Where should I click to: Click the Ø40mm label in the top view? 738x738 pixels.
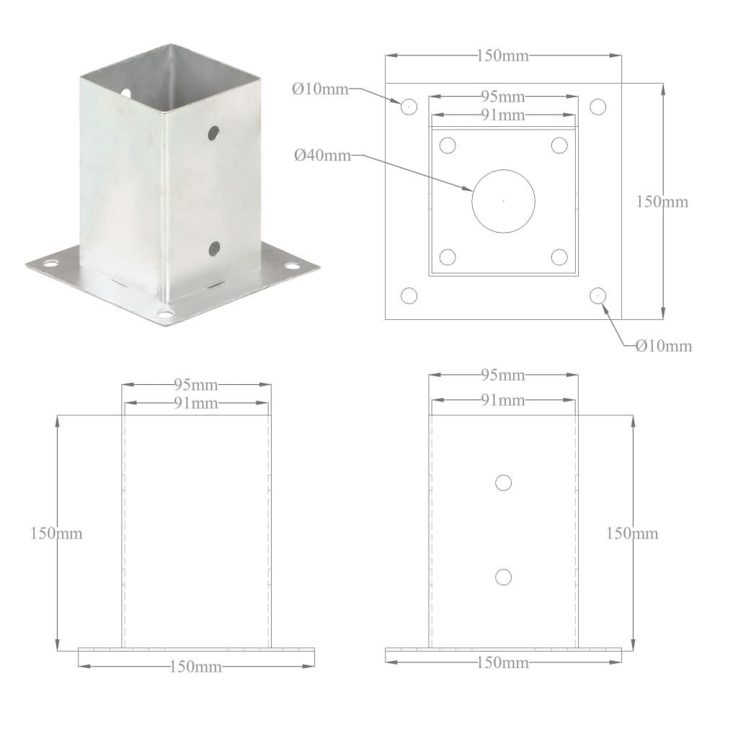coord(322,155)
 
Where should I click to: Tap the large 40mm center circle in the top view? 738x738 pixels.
coord(472,201)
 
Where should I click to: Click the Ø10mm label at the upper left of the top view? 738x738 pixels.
coord(320,89)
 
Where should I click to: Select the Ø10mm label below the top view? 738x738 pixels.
coord(664,346)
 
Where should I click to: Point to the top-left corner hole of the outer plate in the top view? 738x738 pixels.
coord(409,107)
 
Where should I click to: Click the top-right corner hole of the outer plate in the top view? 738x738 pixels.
coord(597,107)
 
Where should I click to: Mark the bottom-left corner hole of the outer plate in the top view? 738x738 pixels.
coord(409,295)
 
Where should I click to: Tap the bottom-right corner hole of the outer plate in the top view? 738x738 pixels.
coord(597,295)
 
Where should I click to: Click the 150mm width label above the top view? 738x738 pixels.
coord(502,55)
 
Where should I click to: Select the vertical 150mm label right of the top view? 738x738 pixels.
coord(662,202)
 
